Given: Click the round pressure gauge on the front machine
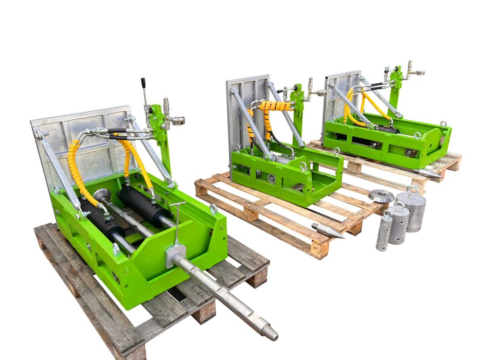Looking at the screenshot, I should pyautogui.click(x=178, y=120).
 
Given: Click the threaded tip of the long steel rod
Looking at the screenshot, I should pyautogui.click(x=269, y=331).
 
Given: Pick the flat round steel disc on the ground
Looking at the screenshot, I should pyautogui.click(x=381, y=195).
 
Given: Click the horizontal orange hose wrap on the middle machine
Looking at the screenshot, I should pyautogui.click(x=274, y=106).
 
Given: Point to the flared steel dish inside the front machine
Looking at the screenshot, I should pyautogui.click(x=102, y=195).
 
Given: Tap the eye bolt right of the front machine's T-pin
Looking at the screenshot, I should pyautogui.click(x=213, y=209).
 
